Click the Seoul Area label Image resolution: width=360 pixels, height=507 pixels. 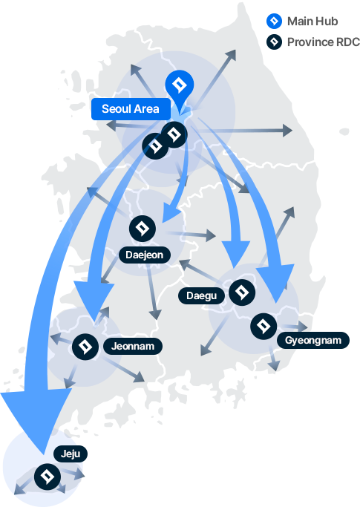(x=131, y=109)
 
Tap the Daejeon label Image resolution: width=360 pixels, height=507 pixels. (x=144, y=255)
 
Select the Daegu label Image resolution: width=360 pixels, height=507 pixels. (x=201, y=295)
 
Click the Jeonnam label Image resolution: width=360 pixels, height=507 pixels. (x=133, y=347)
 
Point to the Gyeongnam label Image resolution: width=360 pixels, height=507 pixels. (x=313, y=340)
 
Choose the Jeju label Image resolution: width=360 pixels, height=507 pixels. (x=71, y=454)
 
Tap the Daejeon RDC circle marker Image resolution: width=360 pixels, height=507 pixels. (x=143, y=229)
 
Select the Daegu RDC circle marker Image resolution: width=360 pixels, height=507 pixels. (x=242, y=292)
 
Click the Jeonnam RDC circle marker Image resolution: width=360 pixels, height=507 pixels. (x=85, y=347)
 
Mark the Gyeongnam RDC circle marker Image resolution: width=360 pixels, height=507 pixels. (x=264, y=327)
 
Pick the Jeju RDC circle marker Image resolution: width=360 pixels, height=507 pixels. (x=48, y=477)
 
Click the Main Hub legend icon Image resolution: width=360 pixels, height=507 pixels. (x=274, y=21)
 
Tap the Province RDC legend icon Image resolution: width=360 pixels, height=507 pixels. (x=274, y=42)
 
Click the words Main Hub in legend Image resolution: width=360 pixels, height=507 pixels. (x=312, y=22)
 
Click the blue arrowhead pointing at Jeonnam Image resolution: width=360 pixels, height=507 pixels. (x=94, y=299)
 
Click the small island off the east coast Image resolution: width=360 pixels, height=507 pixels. (x=344, y=131)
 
